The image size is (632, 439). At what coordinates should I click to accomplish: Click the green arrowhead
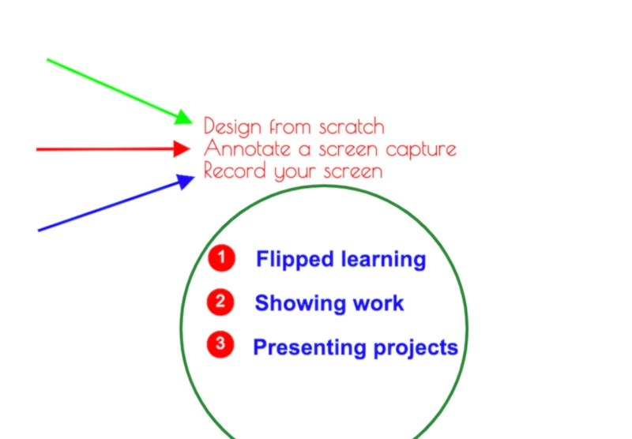coord(184,118)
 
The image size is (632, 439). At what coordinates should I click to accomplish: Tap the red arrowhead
coord(182,149)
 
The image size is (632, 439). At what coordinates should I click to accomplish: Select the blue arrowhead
coord(186,182)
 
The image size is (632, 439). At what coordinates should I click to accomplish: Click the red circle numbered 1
coord(221,257)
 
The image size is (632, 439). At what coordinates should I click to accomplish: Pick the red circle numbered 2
coord(220,302)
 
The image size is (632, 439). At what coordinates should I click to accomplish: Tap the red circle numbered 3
coord(220,344)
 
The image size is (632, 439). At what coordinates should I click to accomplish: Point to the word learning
coord(383,260)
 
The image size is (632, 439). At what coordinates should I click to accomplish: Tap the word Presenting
coord(308,347)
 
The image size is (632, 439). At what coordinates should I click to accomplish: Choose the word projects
coord(416,347)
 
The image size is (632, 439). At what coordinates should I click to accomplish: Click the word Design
coord(232,126)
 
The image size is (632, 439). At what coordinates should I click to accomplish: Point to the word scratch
coord(352,126)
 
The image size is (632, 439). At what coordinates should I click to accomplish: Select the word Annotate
coord(247,148)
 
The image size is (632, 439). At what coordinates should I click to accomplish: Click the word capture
coord(421,150)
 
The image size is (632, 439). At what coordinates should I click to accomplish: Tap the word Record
coord(235,170)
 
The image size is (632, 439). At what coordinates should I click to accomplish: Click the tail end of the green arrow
coord(47,59)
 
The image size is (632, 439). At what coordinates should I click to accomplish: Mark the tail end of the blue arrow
coord(38,231)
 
